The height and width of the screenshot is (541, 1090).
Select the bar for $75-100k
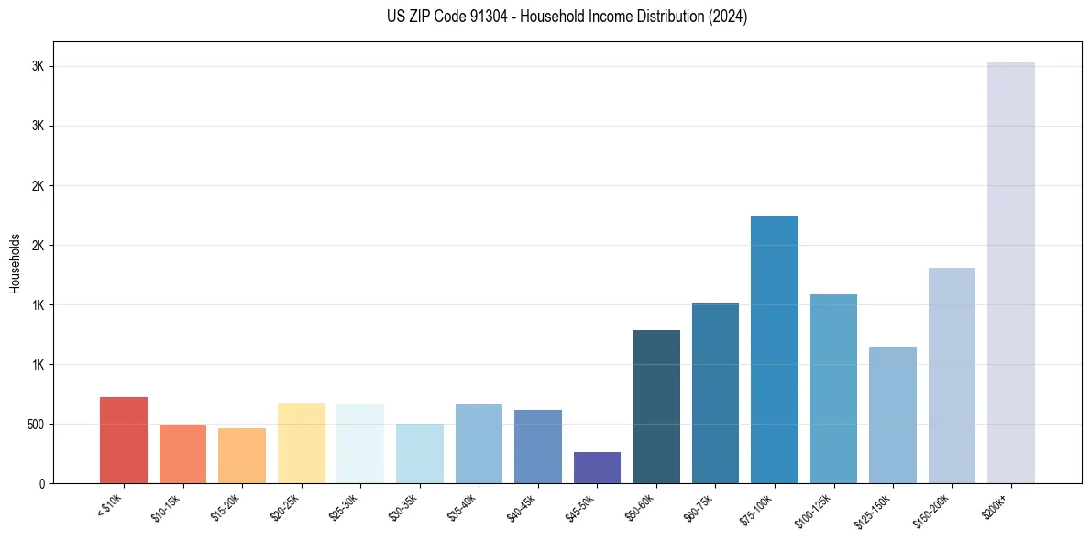click(774, 349)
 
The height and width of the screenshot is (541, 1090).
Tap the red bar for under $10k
click(124, 440)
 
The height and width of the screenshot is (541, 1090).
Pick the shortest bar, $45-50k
click(597, 468)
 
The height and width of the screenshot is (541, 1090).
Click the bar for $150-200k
click(952, 375)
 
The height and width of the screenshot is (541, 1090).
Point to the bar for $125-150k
click(892, 414)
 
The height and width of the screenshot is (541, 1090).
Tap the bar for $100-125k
click(833, 389)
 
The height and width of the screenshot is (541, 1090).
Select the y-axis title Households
click(15, 262)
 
